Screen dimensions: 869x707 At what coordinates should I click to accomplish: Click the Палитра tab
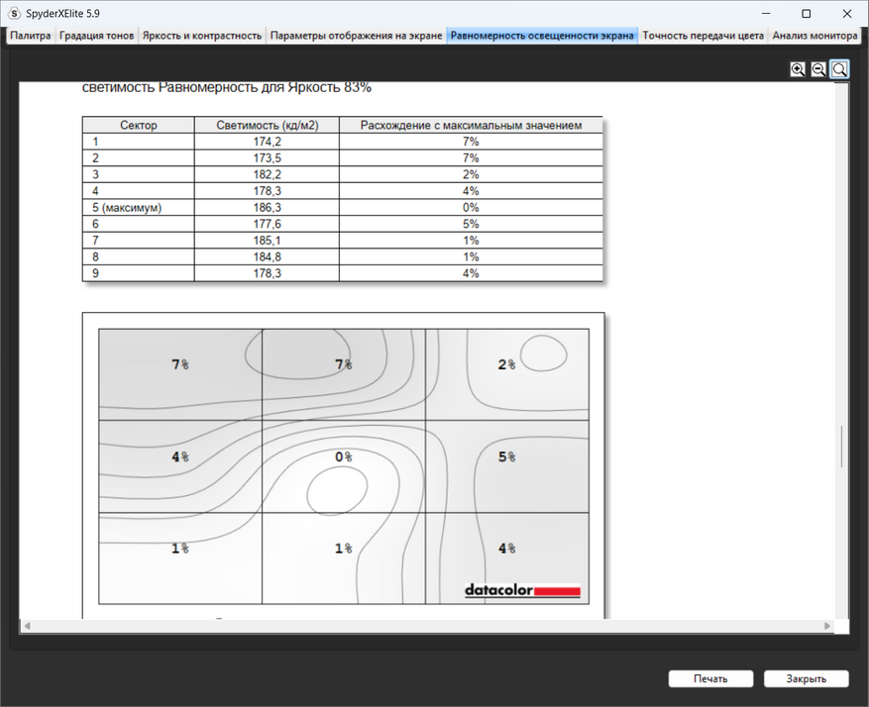click(x=31, y=36)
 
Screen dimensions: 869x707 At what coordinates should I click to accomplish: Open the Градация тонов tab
click(x=96, y=36)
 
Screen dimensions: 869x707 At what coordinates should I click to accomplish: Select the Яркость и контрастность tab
click(x=202, y=36)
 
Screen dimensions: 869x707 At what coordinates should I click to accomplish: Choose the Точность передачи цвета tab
click(x=703, y=36)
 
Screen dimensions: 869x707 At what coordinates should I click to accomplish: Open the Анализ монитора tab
click(x=815, y=36)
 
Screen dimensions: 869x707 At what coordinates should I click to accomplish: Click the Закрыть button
click(x=806, y=678)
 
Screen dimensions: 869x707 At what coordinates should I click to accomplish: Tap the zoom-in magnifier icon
click(x=798, y=69)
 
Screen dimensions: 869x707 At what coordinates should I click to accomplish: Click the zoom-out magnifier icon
click(x=818, y=69)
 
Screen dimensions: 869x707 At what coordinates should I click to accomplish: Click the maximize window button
click(x=807, y=13)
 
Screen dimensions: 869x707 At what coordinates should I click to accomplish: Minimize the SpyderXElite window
click(x=766, y=13)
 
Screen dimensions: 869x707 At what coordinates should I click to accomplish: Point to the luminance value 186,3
click(x=268, y=208)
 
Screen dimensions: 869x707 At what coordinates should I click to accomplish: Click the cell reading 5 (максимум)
click(x=127, y=208)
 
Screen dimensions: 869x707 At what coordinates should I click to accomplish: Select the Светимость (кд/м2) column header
click(x=268, y=125)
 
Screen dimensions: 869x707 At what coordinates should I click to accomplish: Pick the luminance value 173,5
click(x=268, y=158)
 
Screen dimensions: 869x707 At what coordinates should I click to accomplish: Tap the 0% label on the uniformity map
click(x=344, y=456)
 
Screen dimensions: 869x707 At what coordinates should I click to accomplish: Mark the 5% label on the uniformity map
click(x=506, y=456)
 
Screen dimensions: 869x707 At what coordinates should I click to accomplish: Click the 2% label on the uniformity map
click(x=506, y=364)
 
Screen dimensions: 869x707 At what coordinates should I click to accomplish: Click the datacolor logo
click(x=522, y=590)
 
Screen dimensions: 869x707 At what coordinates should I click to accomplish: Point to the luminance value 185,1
click(x=268, y=241)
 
